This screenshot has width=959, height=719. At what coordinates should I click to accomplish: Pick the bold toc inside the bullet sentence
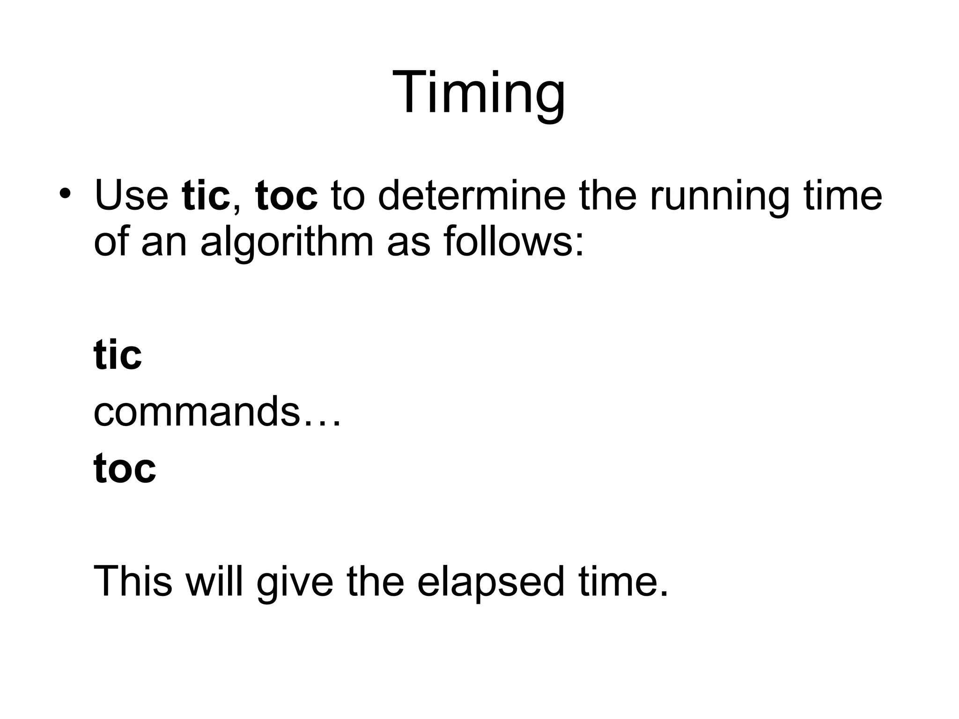click(287, 196)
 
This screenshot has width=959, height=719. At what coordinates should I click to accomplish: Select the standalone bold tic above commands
click(118, 355)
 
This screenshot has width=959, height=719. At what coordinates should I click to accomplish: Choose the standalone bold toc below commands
click(125, 468)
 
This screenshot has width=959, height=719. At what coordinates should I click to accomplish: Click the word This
click(133, 581)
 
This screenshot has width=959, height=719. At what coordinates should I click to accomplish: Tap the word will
click(214, 581)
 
